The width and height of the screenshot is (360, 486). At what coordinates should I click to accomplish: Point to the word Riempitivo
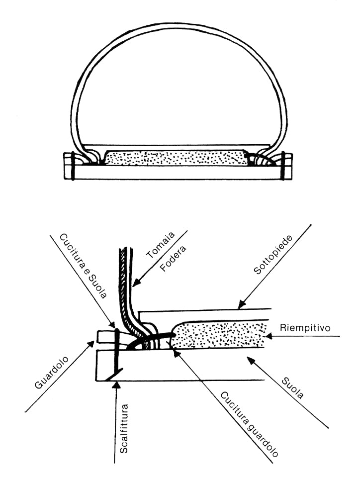302,328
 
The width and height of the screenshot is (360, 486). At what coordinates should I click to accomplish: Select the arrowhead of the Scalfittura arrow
115,384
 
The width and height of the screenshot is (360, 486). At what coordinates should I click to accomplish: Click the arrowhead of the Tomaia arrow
132,288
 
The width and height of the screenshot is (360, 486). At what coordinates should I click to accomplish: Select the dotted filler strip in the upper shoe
177,159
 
